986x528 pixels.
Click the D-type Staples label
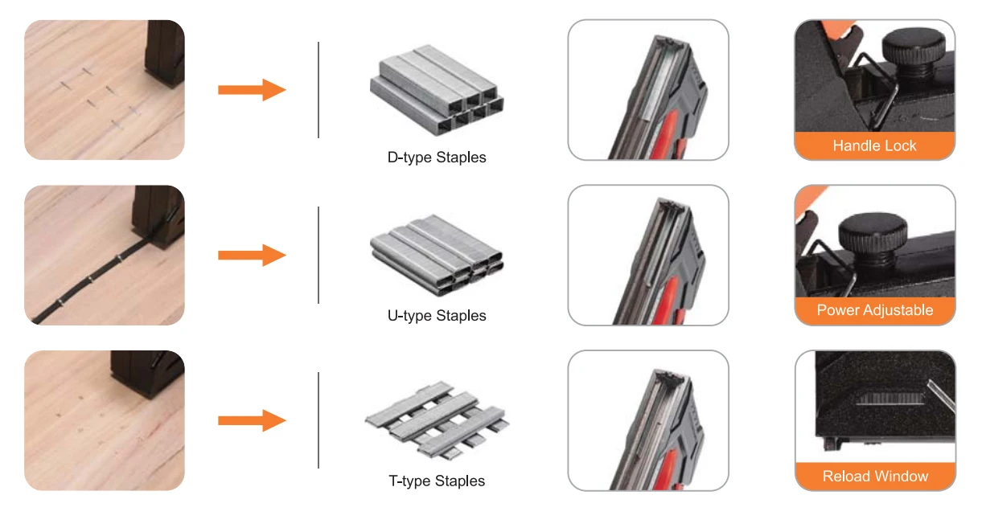tap(437, 158)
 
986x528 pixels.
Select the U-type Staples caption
tap(437, 316)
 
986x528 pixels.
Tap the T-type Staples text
tap(437, 481)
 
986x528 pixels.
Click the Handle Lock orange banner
tap(874, 146)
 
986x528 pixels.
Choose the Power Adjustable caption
tap(874, 310)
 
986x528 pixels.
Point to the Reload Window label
tap(874, 477)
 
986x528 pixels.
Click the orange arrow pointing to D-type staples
tap(252, 89)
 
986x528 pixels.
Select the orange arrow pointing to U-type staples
tap(252, 255)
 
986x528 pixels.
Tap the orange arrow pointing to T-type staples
tap(252, 420)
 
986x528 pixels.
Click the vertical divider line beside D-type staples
tap(318, 89)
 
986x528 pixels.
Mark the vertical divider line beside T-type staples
tap(318, 420)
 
